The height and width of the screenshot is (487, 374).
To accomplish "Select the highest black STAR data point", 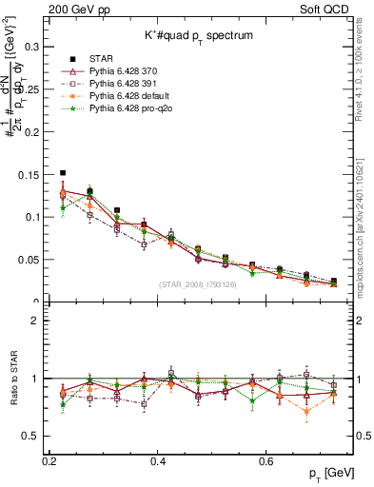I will pos(63,173).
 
